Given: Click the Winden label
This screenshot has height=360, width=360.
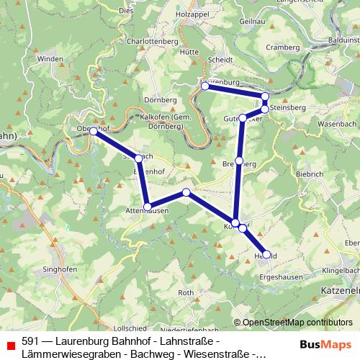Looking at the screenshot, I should (51, 58).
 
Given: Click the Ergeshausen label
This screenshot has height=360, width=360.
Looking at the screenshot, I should (280, 276).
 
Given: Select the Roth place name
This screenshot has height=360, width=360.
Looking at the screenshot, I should (186, 292).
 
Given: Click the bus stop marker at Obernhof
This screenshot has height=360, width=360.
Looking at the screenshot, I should (93, 130).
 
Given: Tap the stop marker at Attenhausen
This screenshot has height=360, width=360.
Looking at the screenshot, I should (148, 207).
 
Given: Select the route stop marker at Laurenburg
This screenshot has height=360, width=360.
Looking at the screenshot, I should (205, 85).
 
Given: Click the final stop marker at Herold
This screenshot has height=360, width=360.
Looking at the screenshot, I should (267, 254).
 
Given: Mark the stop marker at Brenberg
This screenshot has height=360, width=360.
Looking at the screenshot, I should (239, 161).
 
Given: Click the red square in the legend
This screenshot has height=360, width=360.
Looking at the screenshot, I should (10, 346).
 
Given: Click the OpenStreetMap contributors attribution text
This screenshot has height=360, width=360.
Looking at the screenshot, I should (297, 323).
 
